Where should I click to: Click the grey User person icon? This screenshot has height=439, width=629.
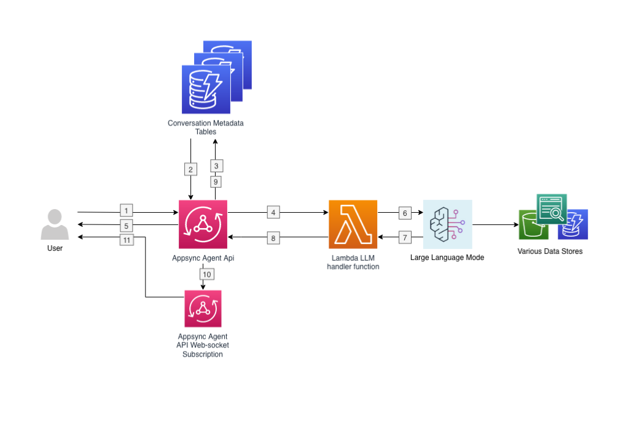coord(55,224)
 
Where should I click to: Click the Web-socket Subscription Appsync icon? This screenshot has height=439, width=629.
coord(203,309)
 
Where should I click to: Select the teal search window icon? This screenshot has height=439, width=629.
coord(552,209)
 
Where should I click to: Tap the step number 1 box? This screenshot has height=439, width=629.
coord(127,211)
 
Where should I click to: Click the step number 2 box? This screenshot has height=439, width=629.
coord(190,168)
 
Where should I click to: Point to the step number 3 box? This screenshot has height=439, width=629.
coord(216,165)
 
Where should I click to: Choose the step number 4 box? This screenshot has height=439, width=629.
coord(273,212)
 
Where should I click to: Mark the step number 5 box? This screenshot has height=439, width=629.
coord(127,225)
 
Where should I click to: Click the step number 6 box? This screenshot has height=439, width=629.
coord(404,212)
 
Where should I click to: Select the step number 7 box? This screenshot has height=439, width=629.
coord(404,237)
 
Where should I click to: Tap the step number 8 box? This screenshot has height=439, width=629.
coord(273,237)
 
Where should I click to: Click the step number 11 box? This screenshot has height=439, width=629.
coord(127,240)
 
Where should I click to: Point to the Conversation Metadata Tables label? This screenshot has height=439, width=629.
coord(206,127)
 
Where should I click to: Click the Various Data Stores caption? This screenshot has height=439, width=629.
coord(550,251)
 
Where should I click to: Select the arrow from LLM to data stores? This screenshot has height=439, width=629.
coord(494,225)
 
